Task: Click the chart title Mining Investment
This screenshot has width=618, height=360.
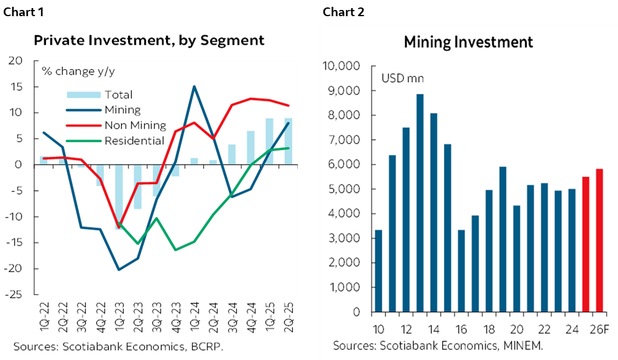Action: point(468,42)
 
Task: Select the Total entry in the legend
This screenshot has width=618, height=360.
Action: point(118,95)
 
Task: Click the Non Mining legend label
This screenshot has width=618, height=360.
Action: point(135,125)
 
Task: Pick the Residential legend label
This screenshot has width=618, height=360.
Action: point(134,141)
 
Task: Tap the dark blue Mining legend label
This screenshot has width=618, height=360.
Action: point(122,110)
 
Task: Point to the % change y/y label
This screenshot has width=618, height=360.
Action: point(78,71)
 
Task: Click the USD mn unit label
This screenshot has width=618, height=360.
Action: point(402,78)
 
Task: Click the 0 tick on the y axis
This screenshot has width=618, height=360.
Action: point(357,312)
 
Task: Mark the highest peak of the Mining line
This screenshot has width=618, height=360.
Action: point(194,87)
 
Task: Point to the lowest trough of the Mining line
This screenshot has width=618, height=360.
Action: point(119,269)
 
